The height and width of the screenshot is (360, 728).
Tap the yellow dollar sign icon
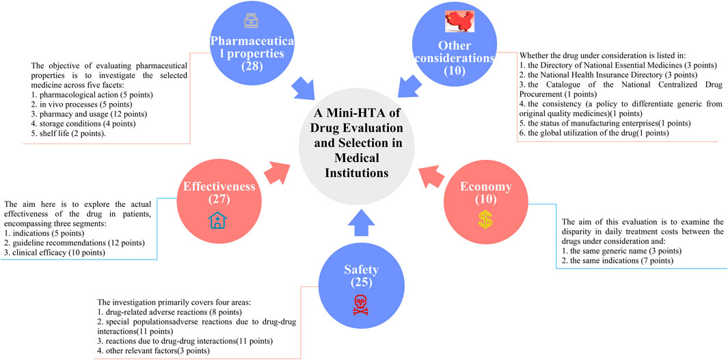point(485,220)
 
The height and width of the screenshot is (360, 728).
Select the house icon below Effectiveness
point(218,220)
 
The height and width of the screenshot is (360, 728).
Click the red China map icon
point(459,22)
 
